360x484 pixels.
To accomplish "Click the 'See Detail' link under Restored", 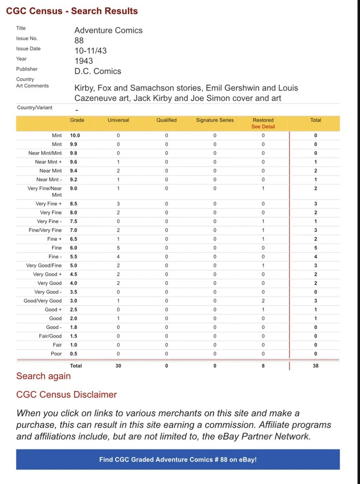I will pos(263,127).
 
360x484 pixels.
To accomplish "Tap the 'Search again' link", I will pos(44,376).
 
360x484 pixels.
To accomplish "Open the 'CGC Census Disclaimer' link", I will pos(66,394).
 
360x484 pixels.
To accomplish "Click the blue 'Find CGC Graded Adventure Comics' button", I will pos(178,459).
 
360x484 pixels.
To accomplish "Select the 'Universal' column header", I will pos(118,120).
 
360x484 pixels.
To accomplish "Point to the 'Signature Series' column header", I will pos(214,120).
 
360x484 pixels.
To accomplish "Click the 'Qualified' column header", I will pos(166,120).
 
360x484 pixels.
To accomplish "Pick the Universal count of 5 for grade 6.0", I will pos(118,248).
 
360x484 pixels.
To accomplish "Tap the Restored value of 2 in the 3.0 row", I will pos(263,301).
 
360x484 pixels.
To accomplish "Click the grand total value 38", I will pos(315,366).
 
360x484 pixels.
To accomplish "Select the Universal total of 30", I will pos(118,366).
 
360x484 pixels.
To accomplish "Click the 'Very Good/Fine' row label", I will pos(44,266).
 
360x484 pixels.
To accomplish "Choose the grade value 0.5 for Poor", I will pos(74,354).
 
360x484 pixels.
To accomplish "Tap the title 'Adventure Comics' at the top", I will pos(108,30).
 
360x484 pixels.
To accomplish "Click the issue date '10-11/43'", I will pos(91,51).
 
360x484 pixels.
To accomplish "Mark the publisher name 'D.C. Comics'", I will pos(98,71).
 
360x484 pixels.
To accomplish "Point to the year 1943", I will pos(84,61).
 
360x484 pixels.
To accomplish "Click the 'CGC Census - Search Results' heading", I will pos(72,11).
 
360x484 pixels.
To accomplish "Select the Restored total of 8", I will pos(263,366).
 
